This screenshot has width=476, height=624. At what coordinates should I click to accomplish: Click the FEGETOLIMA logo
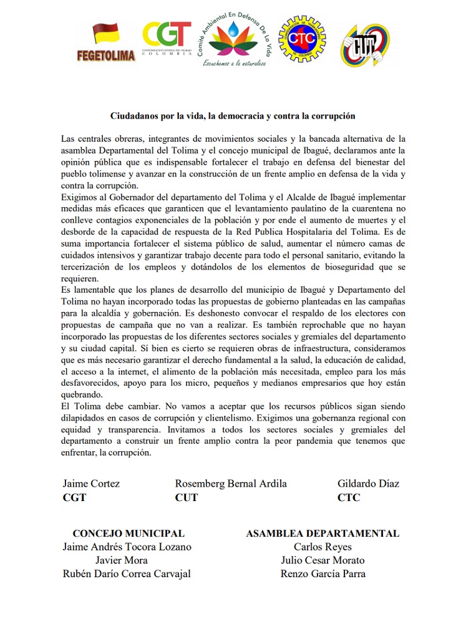click(x=105, y=42)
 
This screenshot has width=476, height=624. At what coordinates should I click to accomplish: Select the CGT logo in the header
click(x=167, y=39)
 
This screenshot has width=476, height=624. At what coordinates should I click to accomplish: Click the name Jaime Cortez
click(x=91, y=484)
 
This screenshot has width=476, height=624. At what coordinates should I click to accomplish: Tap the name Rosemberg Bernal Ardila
click(x=231, y=484)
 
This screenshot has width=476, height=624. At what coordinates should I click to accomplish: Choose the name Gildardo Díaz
click(x=368, y=484)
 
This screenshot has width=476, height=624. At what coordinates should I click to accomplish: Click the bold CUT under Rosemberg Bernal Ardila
click(x=187, y=498)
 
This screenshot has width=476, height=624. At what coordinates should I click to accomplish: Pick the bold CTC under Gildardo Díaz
click(x=349, y=498)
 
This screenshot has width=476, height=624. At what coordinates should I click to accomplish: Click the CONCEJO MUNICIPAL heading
click(x=129, y=534)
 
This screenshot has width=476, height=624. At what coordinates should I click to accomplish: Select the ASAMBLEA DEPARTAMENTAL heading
click(x=323, y=534)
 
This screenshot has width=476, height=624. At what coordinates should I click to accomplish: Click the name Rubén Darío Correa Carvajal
click(x=127, y=574)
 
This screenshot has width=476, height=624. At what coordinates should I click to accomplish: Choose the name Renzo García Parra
click(x=323, y=574)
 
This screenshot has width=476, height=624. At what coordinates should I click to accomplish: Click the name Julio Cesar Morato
click(x=323, y=560)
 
